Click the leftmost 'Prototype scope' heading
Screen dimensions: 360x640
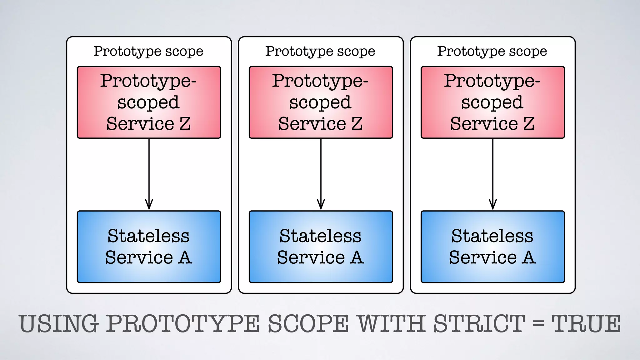[148, 51]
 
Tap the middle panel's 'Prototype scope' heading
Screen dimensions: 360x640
[320, 51]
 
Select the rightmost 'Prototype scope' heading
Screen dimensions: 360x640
[492, 51]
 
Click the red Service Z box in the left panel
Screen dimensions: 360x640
[149, 102]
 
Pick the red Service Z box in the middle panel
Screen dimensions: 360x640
[321, 102]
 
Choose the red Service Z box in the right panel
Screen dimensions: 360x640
[493, 102]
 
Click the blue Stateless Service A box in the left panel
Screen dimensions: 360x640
[149, 247]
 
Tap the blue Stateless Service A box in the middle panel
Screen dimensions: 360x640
[321, 247]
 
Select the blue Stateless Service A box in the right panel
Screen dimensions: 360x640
[493, 247]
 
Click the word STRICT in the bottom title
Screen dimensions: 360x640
[479, 324]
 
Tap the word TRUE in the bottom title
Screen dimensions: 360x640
[586, 324]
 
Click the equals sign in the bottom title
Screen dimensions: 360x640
[538, 324]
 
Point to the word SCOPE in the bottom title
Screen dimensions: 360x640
[308, 324]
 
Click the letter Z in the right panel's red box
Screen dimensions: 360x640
[528, 124]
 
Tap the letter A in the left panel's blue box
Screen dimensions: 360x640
[185, 258]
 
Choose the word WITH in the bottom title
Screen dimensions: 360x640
[392, 324]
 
